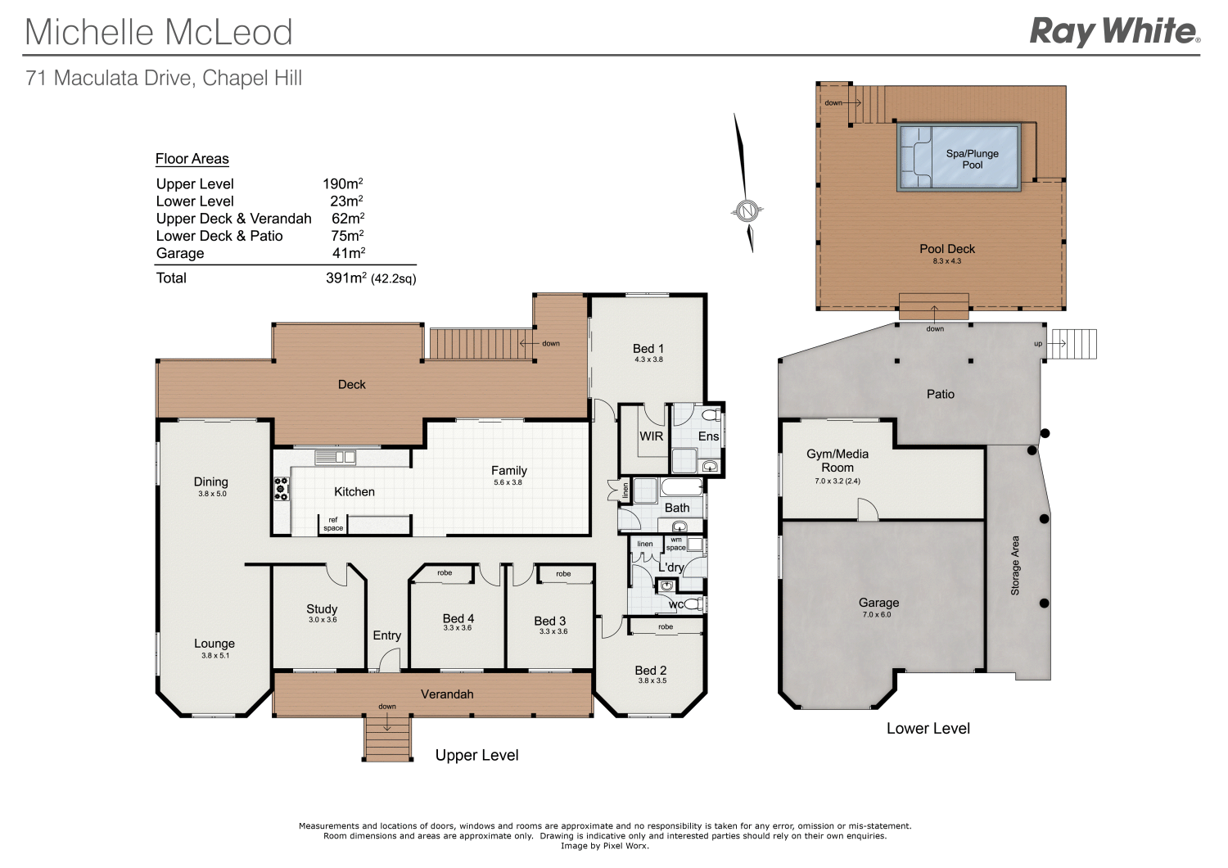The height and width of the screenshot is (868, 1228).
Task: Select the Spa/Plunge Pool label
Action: [972, 159]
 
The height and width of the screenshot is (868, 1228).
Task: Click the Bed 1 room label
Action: [648, 349]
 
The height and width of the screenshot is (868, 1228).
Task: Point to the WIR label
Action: [652, 436]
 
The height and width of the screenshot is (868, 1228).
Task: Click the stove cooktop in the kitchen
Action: [282, 489]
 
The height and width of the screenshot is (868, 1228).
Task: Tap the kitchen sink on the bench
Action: [336, 457]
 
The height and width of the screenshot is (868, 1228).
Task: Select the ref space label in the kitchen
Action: [333, 524]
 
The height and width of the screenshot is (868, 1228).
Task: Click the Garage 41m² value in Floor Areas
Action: [348, 253]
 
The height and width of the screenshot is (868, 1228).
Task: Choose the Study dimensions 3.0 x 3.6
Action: [323, 620]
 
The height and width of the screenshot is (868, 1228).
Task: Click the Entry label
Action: [387, 635]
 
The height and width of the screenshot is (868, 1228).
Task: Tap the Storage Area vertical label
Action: [1015, 565]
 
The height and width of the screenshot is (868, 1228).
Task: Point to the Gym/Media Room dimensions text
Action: [837, 481]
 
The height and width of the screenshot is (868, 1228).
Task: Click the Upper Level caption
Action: [476, 755]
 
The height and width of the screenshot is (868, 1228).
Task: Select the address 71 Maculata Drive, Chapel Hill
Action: [165, 79]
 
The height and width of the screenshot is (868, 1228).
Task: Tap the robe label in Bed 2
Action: [666, 627]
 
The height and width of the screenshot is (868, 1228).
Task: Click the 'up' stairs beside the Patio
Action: [1072, 344]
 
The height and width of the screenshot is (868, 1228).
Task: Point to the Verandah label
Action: [447, 694]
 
